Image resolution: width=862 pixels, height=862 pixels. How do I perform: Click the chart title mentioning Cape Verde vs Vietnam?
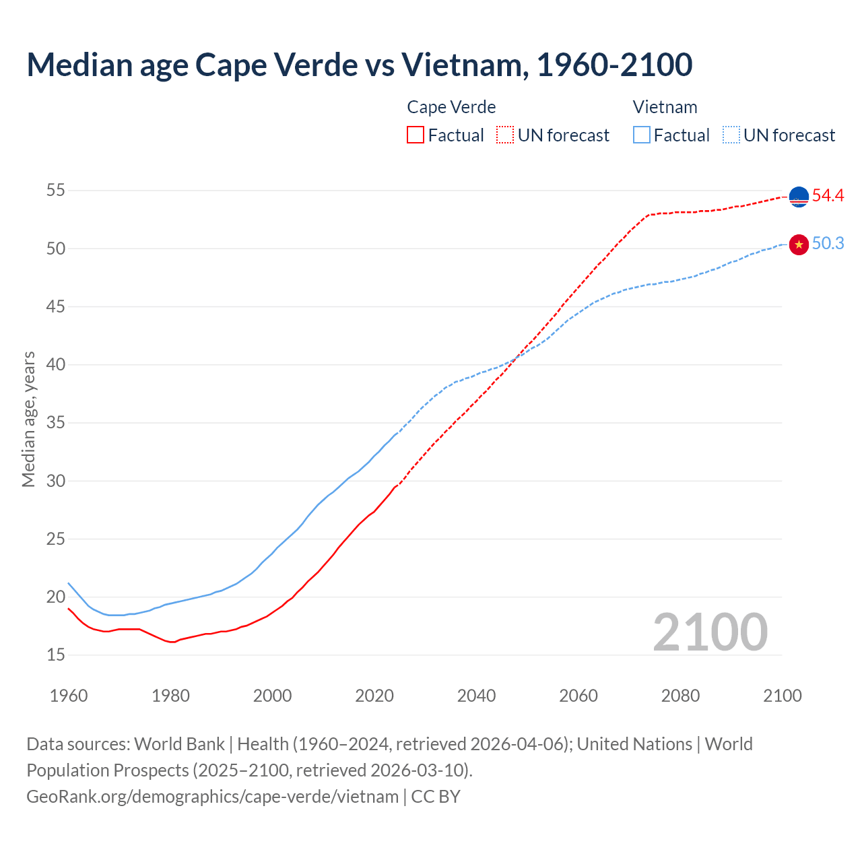[x=359, y=65]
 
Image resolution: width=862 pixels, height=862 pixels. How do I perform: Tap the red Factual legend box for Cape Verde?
[x=416, y=135]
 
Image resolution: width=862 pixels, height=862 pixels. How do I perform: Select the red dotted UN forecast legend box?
[x=505, y=135]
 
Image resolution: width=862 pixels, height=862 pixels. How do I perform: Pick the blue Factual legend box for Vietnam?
[x=642, y=135]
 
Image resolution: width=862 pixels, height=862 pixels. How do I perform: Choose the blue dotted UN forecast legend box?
[x=731, y=135]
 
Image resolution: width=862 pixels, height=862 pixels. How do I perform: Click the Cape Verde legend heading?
[x=451, y=107]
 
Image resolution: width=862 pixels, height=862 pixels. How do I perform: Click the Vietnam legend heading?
[x=665, y=107]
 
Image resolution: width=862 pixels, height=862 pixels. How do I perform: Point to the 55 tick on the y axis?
[x=56, y=191]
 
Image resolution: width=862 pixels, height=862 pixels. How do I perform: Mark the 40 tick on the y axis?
[x=56, y=364]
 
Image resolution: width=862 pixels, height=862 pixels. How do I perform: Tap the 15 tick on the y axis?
[x=56, y=655]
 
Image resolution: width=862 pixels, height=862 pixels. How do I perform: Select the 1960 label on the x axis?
[x=69, y=696]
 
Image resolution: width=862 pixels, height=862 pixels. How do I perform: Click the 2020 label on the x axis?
[x=374, y=696]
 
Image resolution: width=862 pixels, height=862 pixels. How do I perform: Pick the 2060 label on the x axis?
[x=578, y=696]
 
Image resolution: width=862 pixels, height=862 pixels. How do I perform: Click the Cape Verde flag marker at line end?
[x=799, y=197]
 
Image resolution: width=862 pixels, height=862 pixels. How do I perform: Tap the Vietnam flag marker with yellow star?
[x=799, y=244]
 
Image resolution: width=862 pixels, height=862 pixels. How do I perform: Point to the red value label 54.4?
[x=828, y=196]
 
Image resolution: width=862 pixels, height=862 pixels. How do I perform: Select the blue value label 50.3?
[x=828, y=244]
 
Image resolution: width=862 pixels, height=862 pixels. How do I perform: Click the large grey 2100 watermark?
[x=710, y=632]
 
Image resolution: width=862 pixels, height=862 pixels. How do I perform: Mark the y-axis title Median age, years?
[x=28, y=419]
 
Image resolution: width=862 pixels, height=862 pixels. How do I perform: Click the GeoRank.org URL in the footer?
[x=212, y=796]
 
